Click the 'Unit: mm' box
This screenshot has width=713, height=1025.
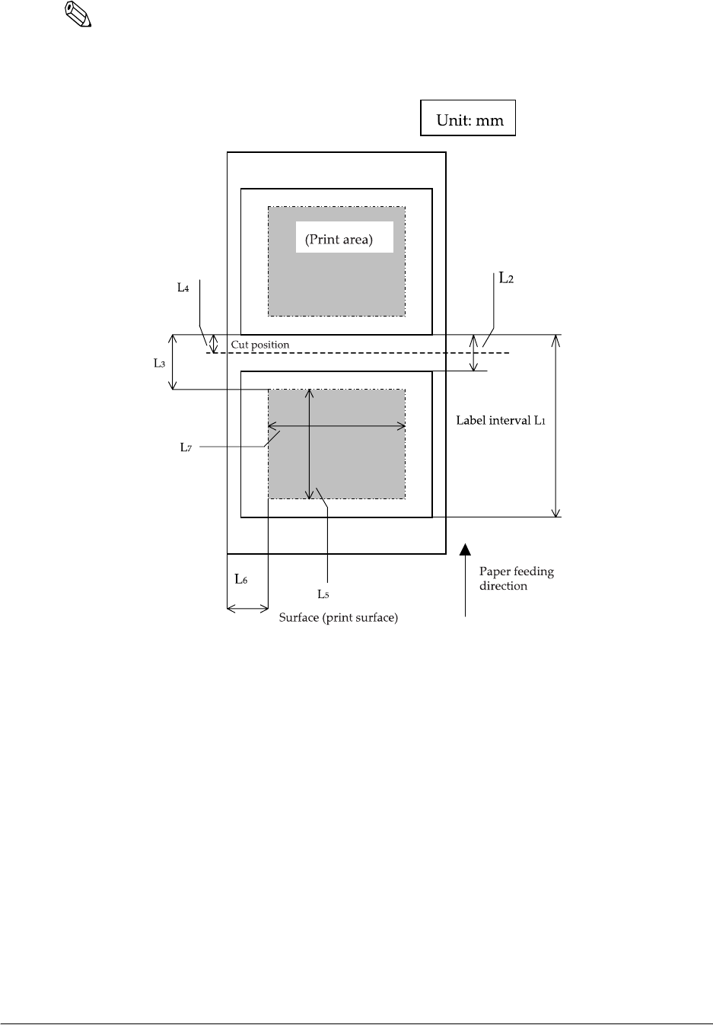[x=468, y=118]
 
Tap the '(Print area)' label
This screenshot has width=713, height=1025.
[x=339, y=240]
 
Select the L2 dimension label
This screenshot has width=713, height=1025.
[x=506, y=279]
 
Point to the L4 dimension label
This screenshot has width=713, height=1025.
[x=183, y=288]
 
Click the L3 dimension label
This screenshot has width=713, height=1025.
[x=159, y=364]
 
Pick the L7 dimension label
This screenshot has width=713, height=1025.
[x=186, y=447]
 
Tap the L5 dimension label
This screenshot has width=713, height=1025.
[x=323, y=594]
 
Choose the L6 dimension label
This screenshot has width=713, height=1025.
[x=240, y=580]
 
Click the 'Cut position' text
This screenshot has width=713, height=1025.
[x=260, y=345]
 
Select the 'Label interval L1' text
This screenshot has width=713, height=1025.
[x=501, y=420]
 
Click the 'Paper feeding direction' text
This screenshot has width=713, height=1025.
[x=516, y=578]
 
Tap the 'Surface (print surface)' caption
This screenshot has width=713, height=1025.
[x=339, y=617]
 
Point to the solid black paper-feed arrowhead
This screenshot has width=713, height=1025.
[x=465, y=549]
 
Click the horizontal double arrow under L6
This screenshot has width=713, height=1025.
[x=248, y=607]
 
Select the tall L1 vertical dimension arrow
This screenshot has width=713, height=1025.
[x=556, y=426]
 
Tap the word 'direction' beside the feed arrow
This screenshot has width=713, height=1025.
[x=503, y=586]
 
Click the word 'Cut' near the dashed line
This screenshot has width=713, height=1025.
[x=240, y=345]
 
